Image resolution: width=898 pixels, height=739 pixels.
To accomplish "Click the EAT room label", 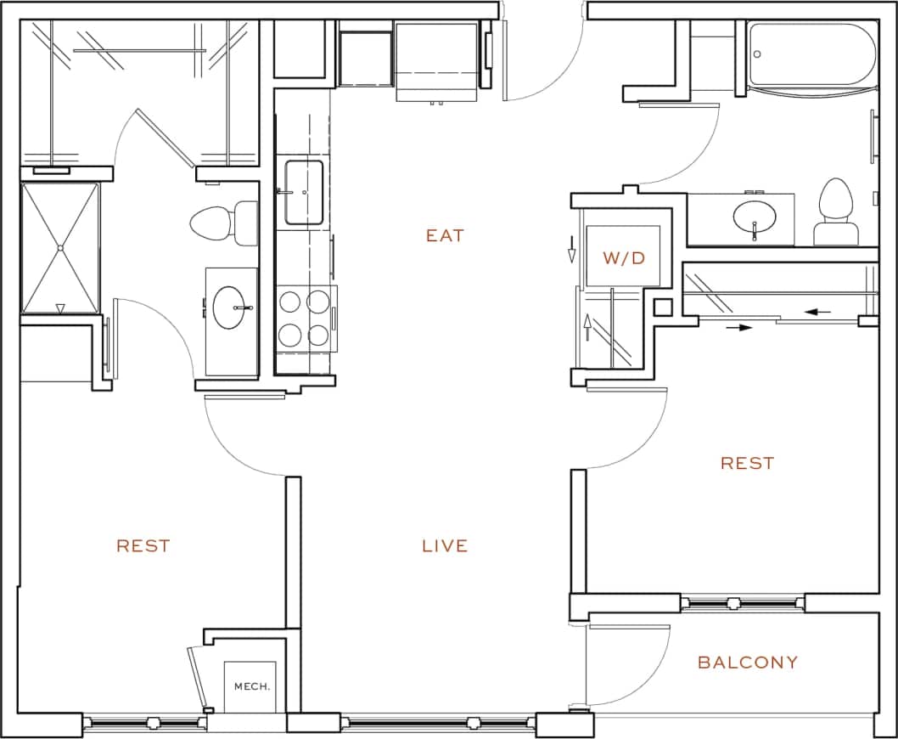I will coord(445,235).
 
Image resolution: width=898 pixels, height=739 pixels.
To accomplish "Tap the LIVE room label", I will coord(445,545).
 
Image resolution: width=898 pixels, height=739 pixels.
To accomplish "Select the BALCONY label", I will coord(748,663).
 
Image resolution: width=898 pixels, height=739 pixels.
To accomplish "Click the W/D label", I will coord(624,258).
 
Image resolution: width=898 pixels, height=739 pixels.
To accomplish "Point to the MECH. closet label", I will coord(252,685).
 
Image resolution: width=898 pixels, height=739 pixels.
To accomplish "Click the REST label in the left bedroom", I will coord(143,545).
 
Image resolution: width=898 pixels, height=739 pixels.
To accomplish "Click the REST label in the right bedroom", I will coord(748,463).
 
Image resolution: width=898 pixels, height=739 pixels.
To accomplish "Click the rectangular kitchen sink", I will coord(303,192).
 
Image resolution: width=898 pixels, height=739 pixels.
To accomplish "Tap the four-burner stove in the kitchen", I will coord(305,318).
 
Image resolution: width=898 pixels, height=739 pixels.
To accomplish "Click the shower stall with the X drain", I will coord(60,247).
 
